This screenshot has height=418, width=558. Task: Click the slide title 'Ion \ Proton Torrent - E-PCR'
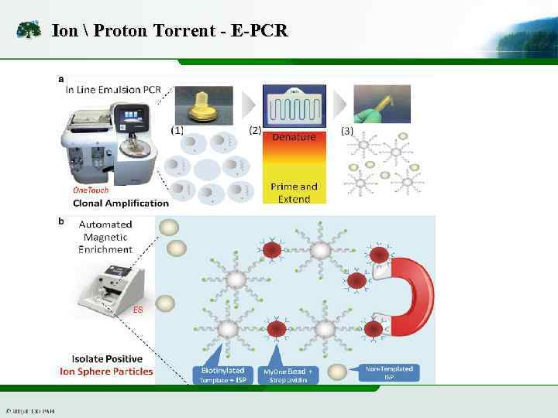click(169, 31)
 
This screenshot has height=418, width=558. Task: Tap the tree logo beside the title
click(29, 31)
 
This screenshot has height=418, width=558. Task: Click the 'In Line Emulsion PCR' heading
click(113, 90)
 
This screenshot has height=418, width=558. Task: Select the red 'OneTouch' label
click(91, 190)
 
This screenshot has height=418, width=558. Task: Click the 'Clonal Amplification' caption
click(120, 203)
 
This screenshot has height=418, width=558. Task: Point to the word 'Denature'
click(294, 137)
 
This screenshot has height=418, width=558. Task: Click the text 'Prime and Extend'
click(294, 193)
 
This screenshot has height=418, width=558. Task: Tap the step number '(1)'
click(177, 131)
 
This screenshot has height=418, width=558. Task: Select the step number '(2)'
click(255, 131)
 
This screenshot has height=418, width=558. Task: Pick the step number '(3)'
click(347, 131)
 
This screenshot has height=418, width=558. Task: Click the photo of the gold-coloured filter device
click(204, 104)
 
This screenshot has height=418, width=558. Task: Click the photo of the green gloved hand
click(381, 104)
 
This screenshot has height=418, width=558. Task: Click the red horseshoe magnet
click(411, 297)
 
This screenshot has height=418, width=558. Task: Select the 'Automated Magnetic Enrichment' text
click(105, 236)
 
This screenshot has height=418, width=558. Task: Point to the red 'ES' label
click(138, 310)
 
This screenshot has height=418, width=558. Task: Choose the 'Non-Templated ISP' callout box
click(389, 372)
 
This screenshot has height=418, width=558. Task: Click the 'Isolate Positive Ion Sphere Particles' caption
click(106, 365)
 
